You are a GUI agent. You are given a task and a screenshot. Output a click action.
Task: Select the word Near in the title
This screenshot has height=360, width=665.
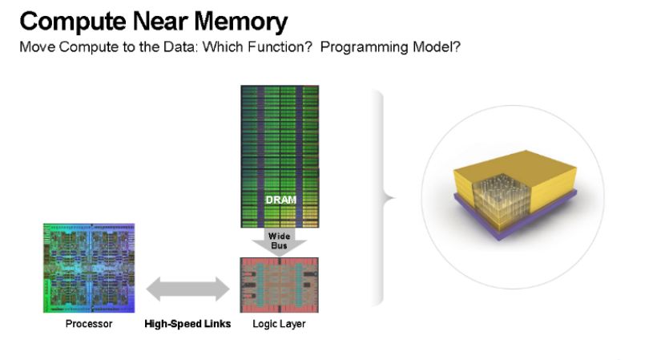pos(160,21)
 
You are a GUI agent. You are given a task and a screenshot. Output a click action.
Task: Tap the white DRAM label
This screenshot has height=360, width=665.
pos(280,200)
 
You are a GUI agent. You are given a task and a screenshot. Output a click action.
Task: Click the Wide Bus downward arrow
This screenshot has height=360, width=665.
pos(279,242)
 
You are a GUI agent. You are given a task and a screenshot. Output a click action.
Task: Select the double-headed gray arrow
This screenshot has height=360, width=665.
pos(187,289)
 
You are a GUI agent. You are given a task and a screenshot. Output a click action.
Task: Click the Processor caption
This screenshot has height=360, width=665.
pos(89,324)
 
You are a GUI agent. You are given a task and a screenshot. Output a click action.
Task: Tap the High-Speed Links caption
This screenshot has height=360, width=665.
pos(187,324)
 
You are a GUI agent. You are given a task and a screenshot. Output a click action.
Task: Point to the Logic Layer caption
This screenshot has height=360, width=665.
pos(279,324)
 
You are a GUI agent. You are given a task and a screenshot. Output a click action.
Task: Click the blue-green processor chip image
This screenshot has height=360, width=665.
pos(89,269)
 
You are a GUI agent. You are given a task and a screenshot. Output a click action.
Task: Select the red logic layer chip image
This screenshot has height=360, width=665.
pos(279,285)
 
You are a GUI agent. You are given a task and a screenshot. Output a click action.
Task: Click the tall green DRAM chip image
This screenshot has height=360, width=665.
pos(280,156)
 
